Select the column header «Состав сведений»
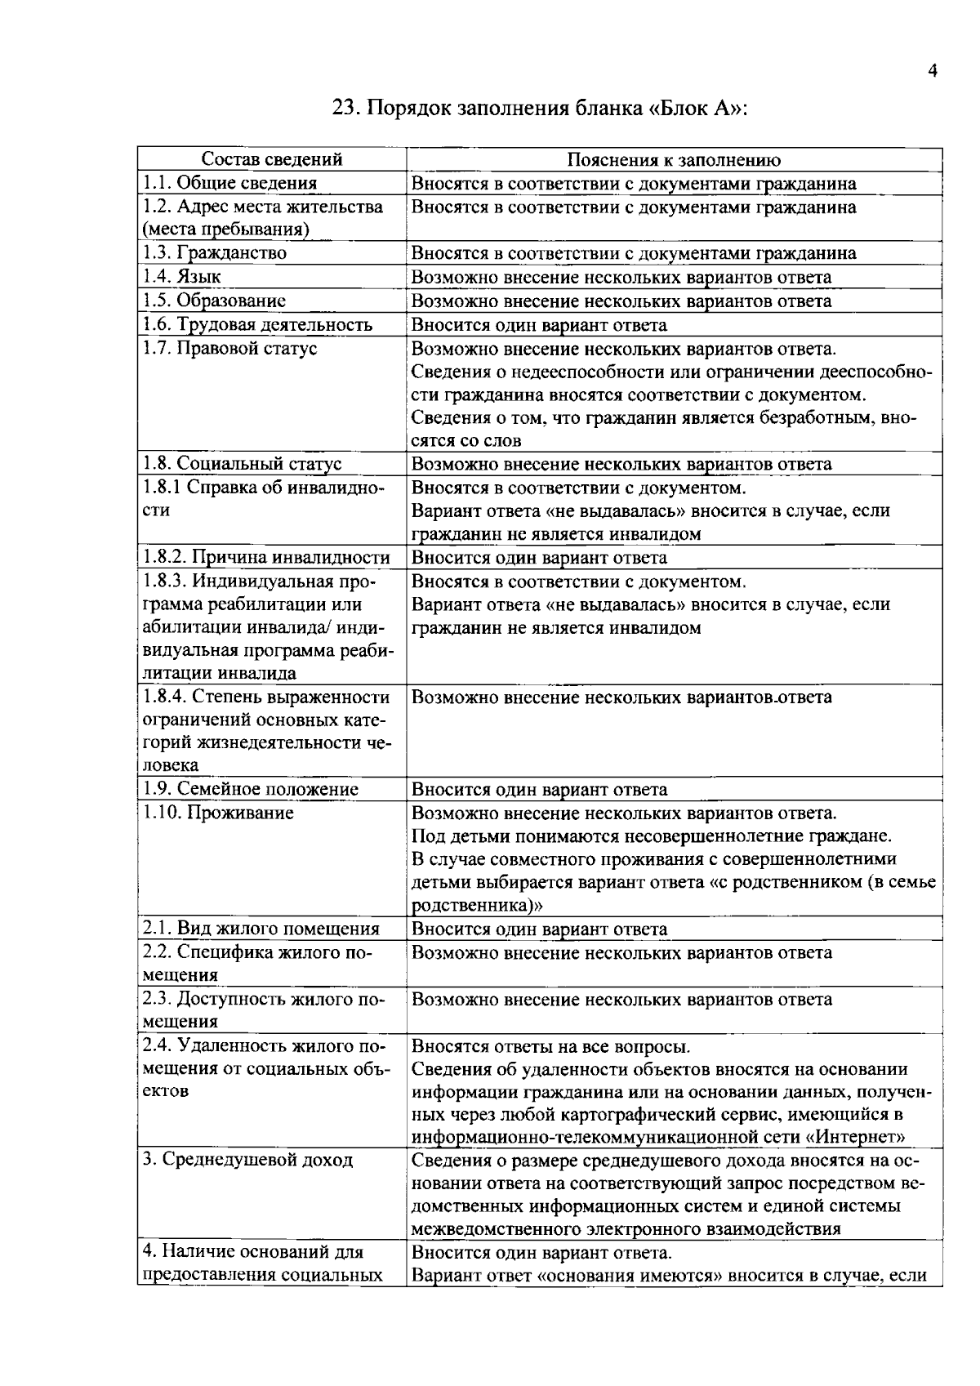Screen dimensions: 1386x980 pyautogui.click(x=272, y=160)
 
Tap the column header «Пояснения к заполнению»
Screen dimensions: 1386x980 pyautogui.click(x=674, y=160)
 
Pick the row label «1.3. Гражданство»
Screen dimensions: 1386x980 pyautogui.click(x=215, y=253)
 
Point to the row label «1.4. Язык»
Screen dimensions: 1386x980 pyautogui.click(x=181, y=277)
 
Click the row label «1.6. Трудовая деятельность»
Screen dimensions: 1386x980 pyautogui.click(x=257, y=325)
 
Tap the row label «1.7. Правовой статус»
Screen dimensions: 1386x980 pyautogui.click(x=229, y=349)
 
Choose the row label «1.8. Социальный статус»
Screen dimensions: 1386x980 pyautogui.click(x=242, y=464)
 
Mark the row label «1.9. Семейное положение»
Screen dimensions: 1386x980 pyautogui.click(x=250, y=790)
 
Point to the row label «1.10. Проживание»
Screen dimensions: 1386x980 pyautogui.click(x=218, y=813)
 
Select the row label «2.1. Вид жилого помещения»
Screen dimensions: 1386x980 pyautogui.click(x=261, y=929)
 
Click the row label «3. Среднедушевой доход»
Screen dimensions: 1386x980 pyautogui.click(x=247, y=1160)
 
